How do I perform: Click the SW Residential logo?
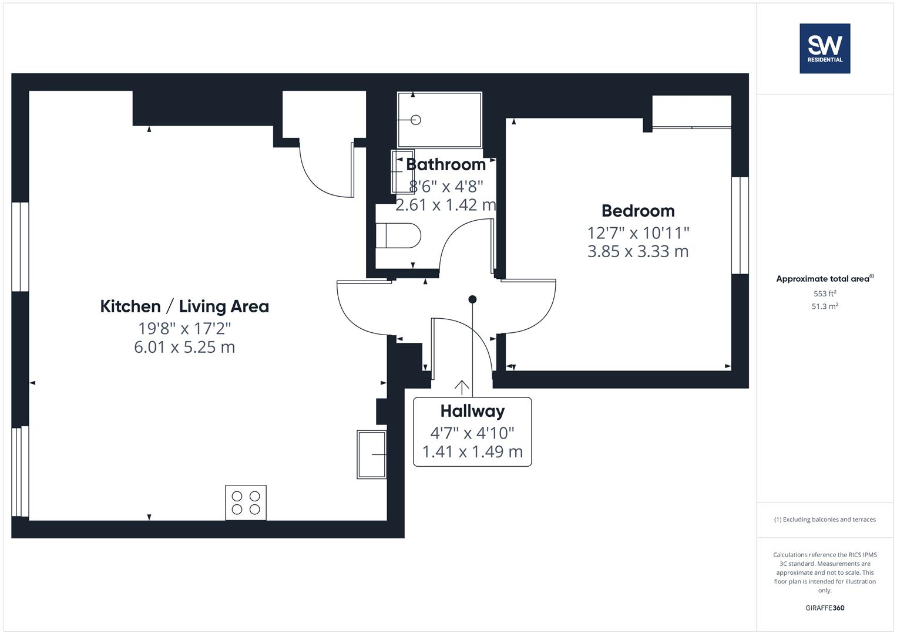pos(824,48)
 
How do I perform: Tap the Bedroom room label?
pos(638,211)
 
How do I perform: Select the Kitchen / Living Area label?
pos(184,306)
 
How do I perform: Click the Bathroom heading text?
pos(446,164)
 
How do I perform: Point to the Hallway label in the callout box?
pos(472,411)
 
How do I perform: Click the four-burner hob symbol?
pos(246,503)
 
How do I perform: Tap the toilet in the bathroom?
pos(399,236)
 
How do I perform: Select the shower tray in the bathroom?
pos(439,120)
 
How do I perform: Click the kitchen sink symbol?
pos(371,454)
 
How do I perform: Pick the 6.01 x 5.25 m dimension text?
pos(184,347)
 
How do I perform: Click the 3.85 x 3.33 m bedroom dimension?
pos(638,251)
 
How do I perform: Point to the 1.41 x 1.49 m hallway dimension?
pos(472,452)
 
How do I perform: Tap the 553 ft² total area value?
pos(824,294)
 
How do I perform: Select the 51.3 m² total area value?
pos(824,306)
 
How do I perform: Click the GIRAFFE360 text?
pos(824,608)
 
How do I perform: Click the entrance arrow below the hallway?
pos(462,387)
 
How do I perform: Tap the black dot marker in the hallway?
pos(472,299)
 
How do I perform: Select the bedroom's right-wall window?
pos(740,225)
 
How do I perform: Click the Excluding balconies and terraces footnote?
pos(824,520)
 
